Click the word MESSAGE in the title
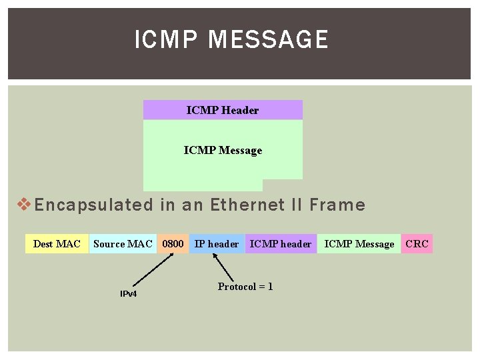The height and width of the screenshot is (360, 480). [x=268, y=40]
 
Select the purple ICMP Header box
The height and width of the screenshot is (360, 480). [x=223, y=110]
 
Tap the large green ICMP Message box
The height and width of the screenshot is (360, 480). [x=223, y=151]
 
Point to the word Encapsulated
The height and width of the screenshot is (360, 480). [x=93, y=205]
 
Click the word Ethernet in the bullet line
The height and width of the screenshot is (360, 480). [x=242, y=205]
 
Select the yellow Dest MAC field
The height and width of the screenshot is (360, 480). [x=57, y=244]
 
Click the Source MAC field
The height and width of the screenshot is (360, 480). [x=123, y=244]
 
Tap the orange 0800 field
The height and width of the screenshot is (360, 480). [x=173, y=244]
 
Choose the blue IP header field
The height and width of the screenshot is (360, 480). [x=217, y=244]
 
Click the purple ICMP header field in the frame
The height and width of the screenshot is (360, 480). [x=280, y=244]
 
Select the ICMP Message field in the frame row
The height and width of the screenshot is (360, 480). [x=359, y=244]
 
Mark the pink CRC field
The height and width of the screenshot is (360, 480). [x=417, y=244]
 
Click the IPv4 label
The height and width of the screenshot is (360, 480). [x=128, y=294]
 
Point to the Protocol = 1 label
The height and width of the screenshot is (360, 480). [x=245, y=287]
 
